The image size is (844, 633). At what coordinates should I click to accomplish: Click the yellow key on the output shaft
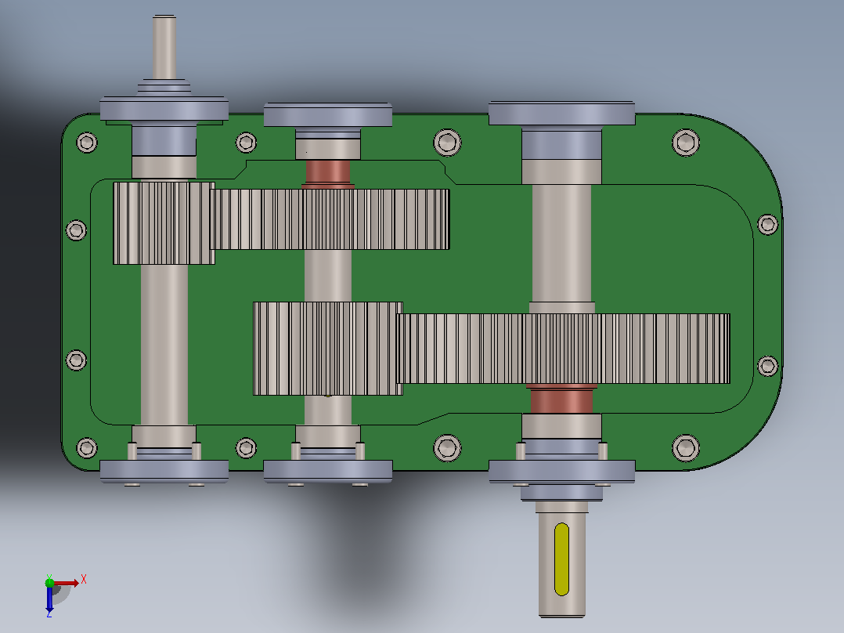(x=561, y=559)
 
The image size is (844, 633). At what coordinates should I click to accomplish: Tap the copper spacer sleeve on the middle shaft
(x=328, y=172)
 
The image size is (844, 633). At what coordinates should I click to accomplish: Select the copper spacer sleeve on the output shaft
(x=561, y=400)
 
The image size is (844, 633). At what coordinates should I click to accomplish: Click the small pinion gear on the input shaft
(x=164, y=223)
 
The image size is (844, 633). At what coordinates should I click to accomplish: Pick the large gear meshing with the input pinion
(x=331, y=219)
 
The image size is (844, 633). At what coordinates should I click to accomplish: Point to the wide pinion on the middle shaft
(x=327, y=349)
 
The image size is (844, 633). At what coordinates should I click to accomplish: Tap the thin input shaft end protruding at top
(x=164, y=48)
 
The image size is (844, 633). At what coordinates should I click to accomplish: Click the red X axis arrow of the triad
(x=67, y=583)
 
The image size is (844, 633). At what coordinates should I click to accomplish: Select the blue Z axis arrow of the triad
(x=49, y=599)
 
